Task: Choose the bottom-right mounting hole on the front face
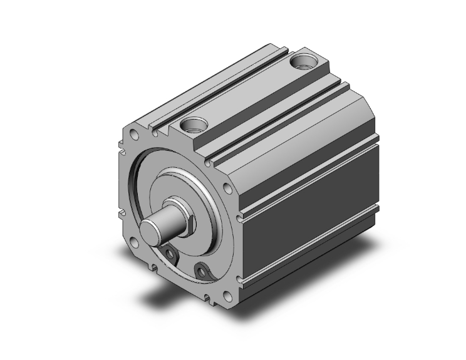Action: click(x=227, y=297)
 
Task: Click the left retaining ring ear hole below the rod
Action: click(x=171, y=252)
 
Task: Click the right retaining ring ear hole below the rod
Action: click(x=202, y=270)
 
